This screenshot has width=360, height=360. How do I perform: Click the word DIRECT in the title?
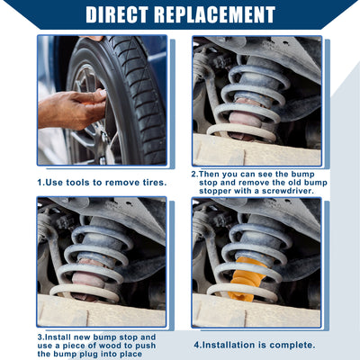coord(117,14)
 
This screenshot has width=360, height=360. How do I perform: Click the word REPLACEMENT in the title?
coord(215,14)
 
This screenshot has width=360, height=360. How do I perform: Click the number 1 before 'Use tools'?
coord(40,183)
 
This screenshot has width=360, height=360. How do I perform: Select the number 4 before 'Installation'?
coord(196,345)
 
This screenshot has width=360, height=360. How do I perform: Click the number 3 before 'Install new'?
coord(40,337)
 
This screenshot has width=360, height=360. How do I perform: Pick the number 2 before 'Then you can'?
coord(194,174)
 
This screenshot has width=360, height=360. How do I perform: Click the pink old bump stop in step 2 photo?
coord(246,119)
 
